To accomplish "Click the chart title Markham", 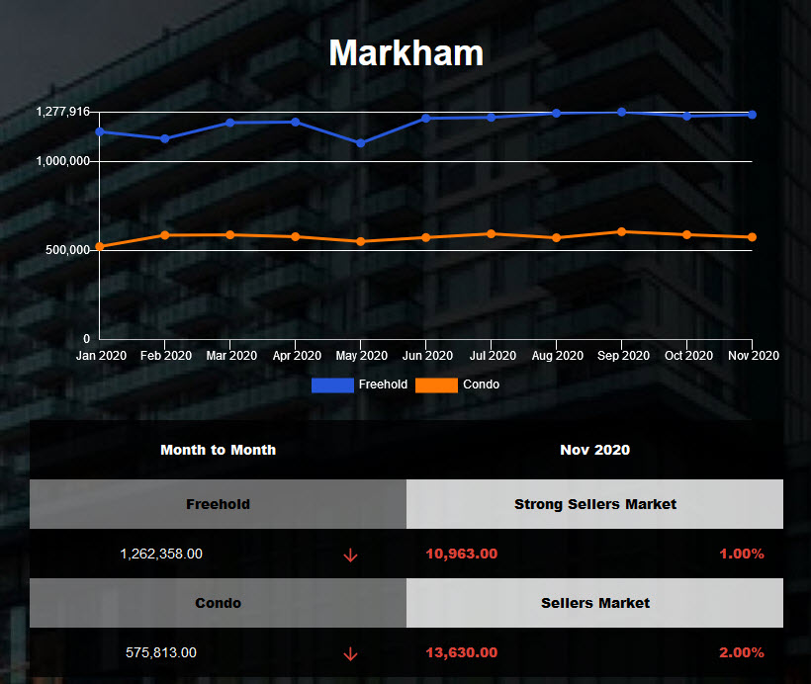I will [405, 52].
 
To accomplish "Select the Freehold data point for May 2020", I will [360, 143].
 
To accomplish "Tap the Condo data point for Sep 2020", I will [621, 231].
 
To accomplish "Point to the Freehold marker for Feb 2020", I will [165, 138].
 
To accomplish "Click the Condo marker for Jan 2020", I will [100, 246].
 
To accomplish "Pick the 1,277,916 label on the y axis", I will [63, 112].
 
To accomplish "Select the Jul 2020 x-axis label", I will [492, 356].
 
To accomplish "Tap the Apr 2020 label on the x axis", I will [296, 356].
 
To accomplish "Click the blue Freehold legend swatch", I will [332, 385].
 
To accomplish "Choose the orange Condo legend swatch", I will [436, 385].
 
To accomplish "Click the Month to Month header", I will [218, 450].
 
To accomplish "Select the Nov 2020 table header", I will [594, 450].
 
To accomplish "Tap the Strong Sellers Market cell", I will [595, 504].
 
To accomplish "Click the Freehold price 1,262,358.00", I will [161, 554].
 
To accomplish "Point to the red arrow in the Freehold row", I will [350, 555].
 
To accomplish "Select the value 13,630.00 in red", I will [462, 652].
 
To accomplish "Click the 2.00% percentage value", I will [742, 652].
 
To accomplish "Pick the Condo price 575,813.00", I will [161, 652].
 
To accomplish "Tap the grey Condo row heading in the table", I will [218, 603].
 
